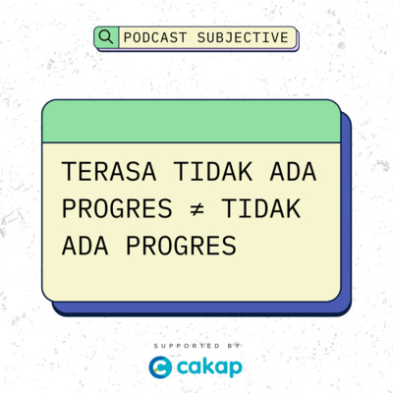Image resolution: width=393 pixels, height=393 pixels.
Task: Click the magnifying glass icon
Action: point(106,37)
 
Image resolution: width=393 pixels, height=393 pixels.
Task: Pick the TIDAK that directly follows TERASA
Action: point(203,171)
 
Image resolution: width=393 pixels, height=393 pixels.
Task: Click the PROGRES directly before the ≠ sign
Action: point(108,209)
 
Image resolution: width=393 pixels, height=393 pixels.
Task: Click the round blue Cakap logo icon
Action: point(160,368)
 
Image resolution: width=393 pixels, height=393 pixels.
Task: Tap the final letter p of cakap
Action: point(237,370)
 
